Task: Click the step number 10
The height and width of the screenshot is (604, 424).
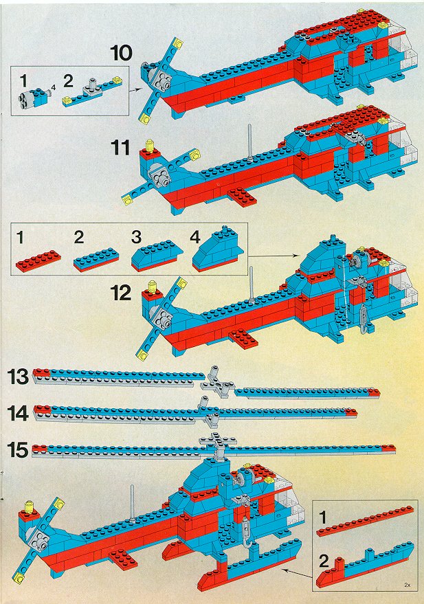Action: tap(121, 53)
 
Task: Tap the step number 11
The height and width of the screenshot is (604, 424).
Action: tap(121, 147)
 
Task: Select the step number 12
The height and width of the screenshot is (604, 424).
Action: tap(121, 293)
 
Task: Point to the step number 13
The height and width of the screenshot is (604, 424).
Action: tap(18, 377)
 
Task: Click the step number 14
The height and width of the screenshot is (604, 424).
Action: tap(18, 414)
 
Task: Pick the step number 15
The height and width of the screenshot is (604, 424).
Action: tap(18, 450)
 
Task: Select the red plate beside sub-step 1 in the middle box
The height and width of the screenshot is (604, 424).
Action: tap(38, 261)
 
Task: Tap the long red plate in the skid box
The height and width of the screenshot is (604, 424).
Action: tap(365, 521)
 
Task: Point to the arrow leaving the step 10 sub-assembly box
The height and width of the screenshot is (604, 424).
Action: tap(133, 90)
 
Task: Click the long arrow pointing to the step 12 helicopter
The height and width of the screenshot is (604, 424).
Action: tap(274, 255)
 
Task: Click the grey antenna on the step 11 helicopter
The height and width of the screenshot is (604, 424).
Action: tap(250, 142)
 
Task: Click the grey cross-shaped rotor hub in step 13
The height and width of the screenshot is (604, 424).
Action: tap(216, 382)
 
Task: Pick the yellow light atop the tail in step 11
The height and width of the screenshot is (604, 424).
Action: tap(150, 146)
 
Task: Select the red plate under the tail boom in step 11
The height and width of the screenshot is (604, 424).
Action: tap(242, 197)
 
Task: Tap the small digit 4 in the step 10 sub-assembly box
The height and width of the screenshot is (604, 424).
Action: tap(53, 87)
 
